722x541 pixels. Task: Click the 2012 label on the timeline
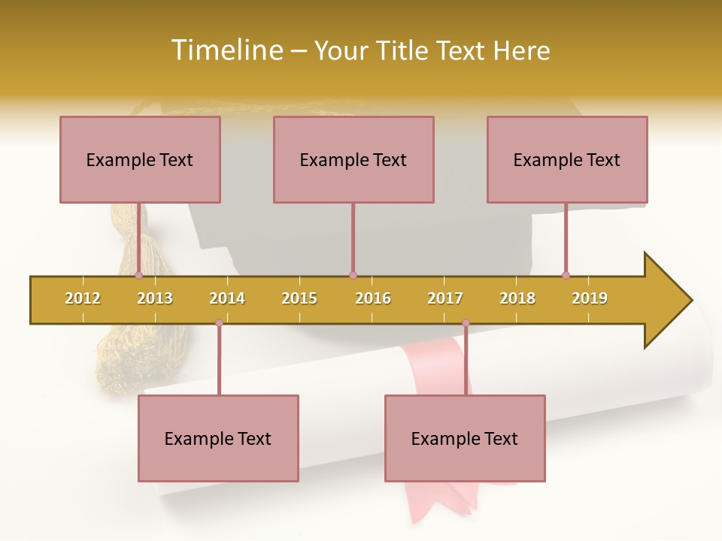tap(83, 298)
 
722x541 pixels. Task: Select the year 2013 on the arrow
tap(155, 298)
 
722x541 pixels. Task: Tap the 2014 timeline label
tap(227, 298)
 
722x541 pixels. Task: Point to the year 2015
tap(299, 298)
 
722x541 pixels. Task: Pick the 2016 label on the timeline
tap(373, 298)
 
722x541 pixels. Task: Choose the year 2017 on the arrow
tap(445, 298)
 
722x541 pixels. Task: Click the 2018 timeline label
tap(517, 298)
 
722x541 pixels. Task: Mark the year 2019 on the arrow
tap(590, 298)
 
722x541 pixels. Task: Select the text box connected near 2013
tap(140, 159)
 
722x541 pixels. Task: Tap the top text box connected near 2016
tap(353, 159)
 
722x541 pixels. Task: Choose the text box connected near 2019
tap(567, 159)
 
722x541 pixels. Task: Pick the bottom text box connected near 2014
tap(218, 438)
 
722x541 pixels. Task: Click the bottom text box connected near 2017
tap(465, 438)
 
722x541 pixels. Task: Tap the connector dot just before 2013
tap(138, 275)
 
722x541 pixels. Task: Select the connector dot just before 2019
tap(566, 275)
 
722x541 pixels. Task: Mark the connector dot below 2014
tap(219, 322)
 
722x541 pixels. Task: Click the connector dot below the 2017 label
tap(466, 322)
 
